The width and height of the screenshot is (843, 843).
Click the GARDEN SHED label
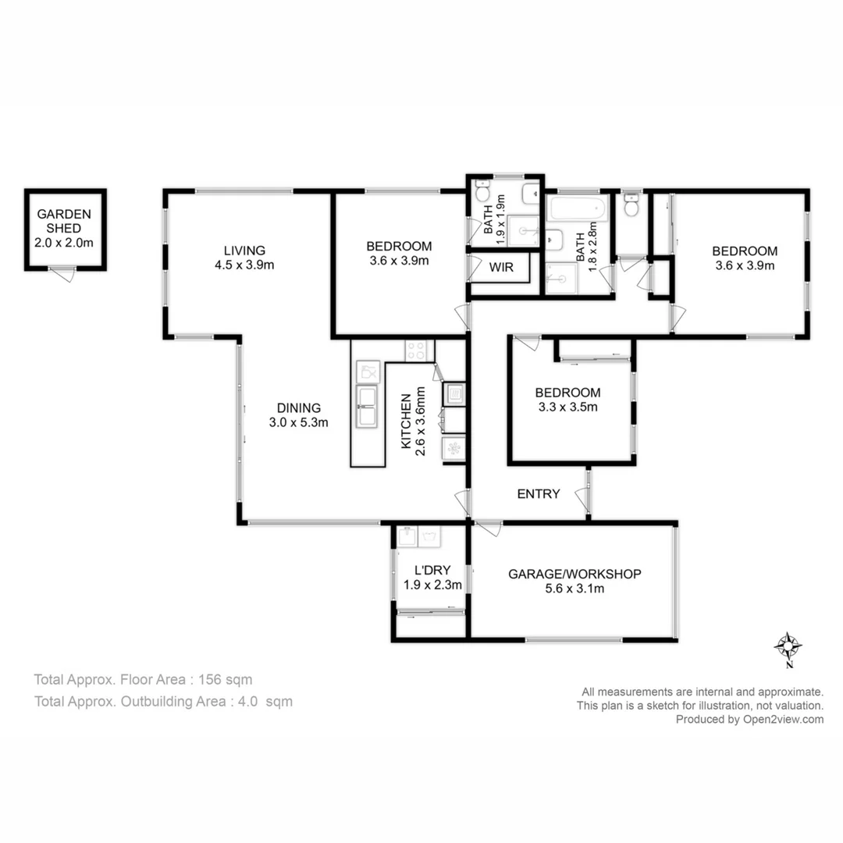click(64, 221)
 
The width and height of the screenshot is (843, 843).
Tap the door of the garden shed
click(62, 274)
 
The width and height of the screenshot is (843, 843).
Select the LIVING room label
click(244, 251)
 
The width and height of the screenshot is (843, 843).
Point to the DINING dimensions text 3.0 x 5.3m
click(299, 423)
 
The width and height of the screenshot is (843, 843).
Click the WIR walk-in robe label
click(501, 267)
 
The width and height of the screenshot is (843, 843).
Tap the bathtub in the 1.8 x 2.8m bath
click(577, 209)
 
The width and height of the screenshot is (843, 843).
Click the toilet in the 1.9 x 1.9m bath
click(482, 193)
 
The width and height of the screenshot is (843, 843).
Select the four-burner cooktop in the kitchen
click(414, 350)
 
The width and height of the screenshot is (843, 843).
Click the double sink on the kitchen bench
click(367, 407)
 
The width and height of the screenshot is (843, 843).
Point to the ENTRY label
click(539, 493)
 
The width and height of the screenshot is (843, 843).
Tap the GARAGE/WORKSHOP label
click(574, 574)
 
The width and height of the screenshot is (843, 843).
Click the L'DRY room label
click(432, 569)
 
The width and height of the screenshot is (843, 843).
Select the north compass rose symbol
click(789, 646)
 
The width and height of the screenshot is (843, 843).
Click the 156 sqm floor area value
click(226, 679)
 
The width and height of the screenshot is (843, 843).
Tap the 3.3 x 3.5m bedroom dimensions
click(567, 407)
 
